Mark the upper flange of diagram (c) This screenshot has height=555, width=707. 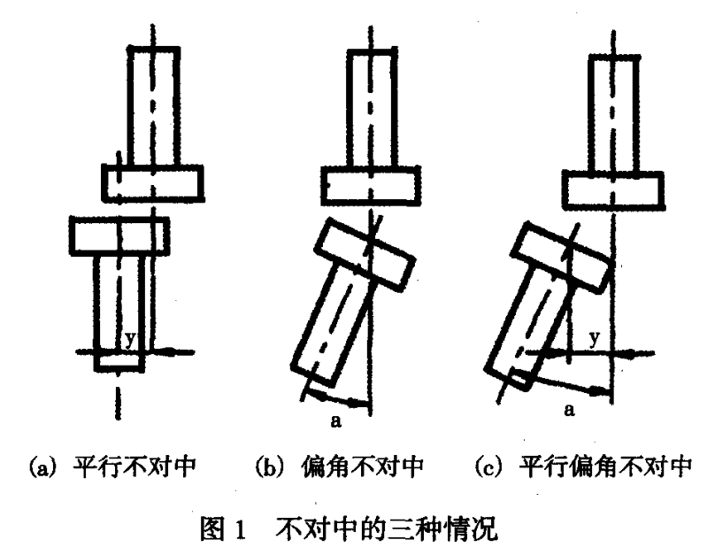pyautogui.click(x=613, y=188)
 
